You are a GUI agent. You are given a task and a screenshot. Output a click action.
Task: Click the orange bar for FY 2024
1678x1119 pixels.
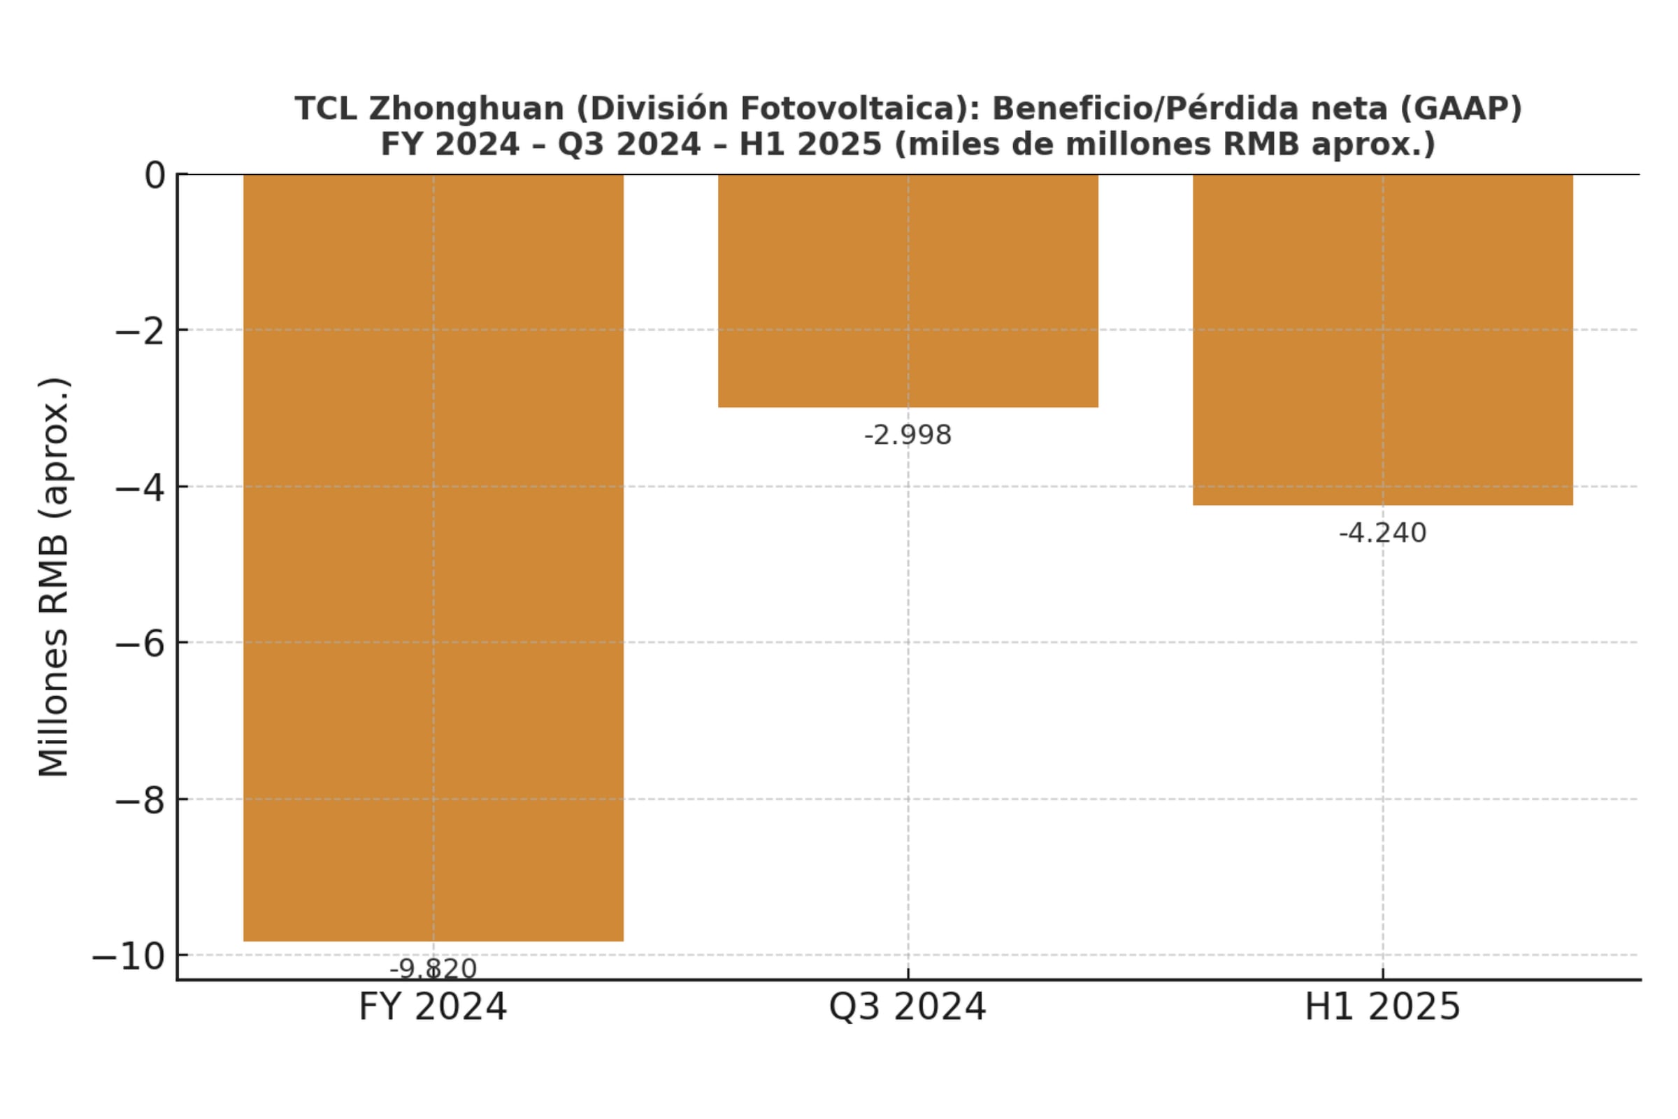tap(433, 557)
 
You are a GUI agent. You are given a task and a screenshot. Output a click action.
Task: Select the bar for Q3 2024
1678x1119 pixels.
tap(908, 290)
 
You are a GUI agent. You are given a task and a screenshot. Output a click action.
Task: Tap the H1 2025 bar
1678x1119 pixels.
tap(1383, 340)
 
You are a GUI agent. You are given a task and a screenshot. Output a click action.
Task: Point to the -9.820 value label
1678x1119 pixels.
tap(433, 969)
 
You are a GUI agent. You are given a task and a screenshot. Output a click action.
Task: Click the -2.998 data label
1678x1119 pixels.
tap(908, 434)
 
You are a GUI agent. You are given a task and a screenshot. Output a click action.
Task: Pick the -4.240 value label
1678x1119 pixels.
tap(1383, 533)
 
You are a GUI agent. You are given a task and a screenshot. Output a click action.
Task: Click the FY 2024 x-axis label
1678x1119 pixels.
tap(432, 1007)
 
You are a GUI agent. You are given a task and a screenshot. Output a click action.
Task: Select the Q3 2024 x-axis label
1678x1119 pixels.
tap(908, 1007)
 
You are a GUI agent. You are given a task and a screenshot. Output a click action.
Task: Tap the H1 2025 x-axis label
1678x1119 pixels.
tap(1383, 1007)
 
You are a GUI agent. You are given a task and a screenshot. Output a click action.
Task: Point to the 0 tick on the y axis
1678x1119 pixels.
tap(155, 175)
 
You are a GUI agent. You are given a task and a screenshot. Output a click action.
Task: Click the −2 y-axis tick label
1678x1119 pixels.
tap(141, 331)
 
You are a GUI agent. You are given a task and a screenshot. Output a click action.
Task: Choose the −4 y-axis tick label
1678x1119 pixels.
tap(141, 487)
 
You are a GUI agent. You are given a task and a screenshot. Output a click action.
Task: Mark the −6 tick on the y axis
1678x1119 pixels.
tap(141, 643)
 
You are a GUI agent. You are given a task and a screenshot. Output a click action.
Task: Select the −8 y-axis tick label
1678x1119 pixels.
tap(141, 800)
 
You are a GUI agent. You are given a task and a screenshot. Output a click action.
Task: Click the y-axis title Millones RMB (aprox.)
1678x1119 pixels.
tap(55, 576)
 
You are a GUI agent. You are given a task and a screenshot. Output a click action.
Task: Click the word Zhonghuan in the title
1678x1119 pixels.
tap(466, 109)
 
